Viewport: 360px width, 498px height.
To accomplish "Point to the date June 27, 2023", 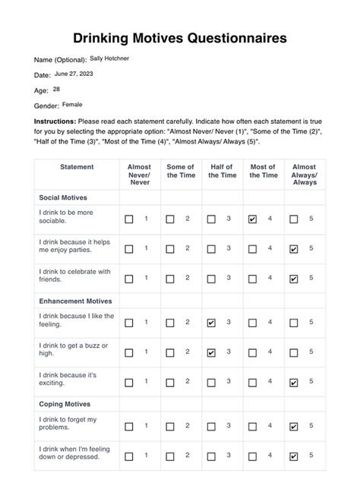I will coord(75,74).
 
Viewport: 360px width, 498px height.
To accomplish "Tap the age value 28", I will coord(56,89).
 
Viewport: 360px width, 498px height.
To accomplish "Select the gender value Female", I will coord(73,104).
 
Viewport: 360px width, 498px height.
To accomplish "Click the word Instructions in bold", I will coord(55,121).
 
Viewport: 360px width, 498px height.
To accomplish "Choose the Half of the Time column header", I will coord(221,171).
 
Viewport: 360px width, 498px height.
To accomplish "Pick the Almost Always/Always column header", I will coord(304,175).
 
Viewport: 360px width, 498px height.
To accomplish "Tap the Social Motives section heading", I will coord(63,197).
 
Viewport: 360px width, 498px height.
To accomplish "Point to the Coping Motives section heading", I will coord(65,405).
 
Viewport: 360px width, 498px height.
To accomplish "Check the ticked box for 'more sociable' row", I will coord(252,219).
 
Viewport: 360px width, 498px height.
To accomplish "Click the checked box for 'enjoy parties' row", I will coord(293,249).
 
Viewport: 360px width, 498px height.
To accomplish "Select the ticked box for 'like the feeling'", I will coord(211,323).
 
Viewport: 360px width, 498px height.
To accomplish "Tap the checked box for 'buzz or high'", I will coord(211,352).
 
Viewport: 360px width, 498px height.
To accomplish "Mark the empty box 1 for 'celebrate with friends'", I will coord(129,279).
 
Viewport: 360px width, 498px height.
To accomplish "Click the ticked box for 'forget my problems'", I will coord(293,427).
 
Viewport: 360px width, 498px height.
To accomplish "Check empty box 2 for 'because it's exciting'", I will coord(170,382).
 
